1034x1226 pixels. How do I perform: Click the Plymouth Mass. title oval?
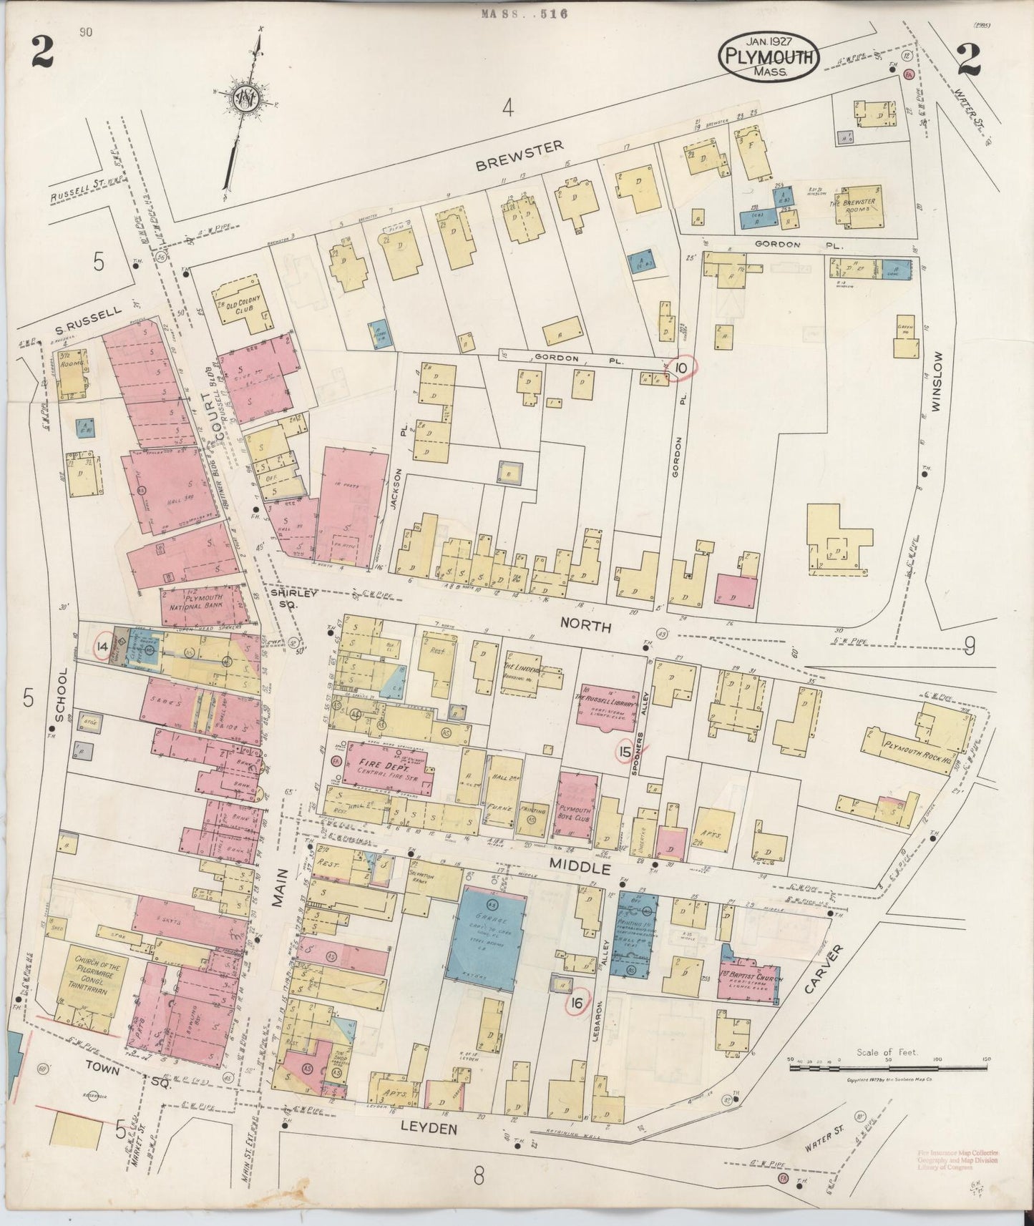769,56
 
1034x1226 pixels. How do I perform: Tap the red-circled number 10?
682,368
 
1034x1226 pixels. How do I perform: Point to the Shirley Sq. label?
283,598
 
